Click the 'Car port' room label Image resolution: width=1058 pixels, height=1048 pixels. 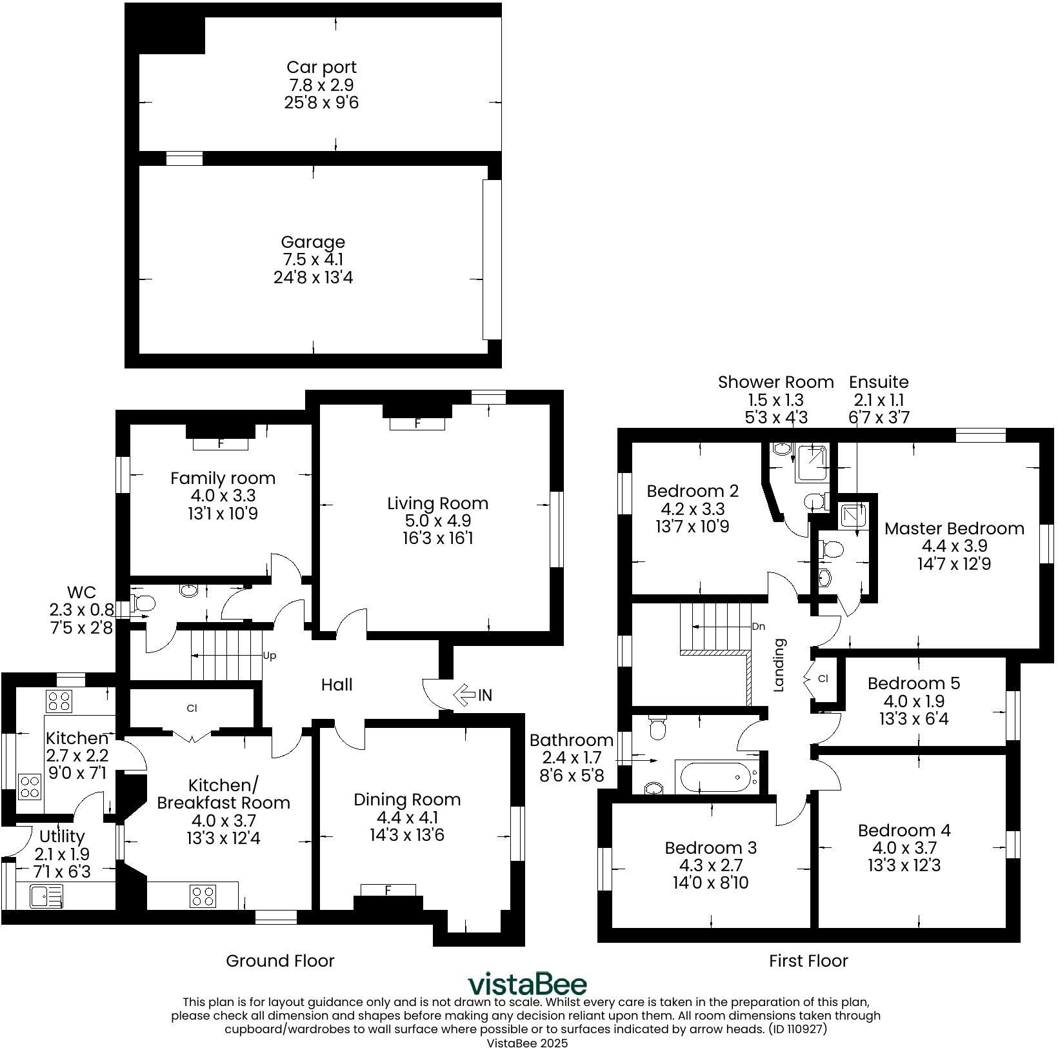coord(321,67)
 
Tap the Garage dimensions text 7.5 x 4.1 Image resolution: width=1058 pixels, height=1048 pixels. coord(313,260)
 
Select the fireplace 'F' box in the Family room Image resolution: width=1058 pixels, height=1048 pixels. coord(221,444)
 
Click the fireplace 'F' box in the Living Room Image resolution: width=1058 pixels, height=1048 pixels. coord(417,424)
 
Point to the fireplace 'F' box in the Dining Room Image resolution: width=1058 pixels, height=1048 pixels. coord(388,891)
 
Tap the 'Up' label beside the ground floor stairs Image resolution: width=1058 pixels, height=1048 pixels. coord(270,656)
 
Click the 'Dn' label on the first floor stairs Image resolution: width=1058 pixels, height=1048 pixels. coord(759,627)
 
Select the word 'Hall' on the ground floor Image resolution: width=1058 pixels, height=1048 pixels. coord(337,685)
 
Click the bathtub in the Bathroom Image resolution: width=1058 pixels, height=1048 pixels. coord(717,776)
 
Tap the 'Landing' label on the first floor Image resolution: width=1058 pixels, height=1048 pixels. coord(779,665)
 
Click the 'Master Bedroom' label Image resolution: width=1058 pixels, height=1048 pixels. coord(954,529)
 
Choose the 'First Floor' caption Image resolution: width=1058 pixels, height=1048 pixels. coord(808,961)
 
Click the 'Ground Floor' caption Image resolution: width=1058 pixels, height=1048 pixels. coord(280,961)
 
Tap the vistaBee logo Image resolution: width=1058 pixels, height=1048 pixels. coord(528,985)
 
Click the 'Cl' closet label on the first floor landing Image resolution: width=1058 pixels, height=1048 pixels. coord(823,678)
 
